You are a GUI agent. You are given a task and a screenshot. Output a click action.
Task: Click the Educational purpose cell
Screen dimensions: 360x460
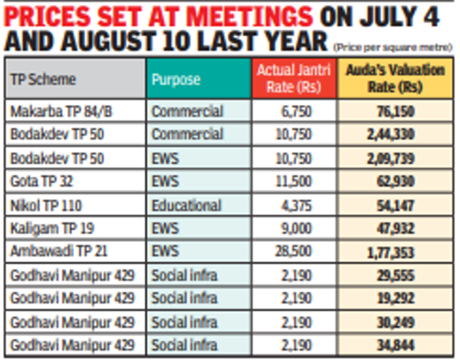point(187,205)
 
